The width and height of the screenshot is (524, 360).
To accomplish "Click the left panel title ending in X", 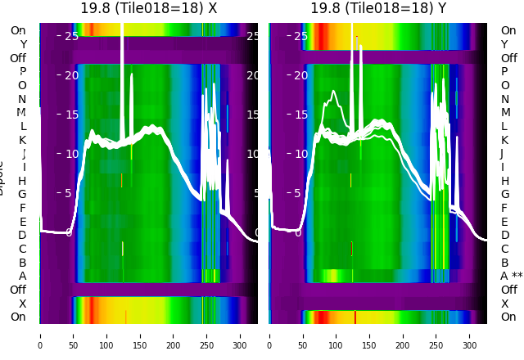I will click(x=148, y=8).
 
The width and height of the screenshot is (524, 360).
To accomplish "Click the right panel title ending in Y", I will click(x=378, y=8).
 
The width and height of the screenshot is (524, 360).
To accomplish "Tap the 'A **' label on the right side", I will click(x=512, y=276).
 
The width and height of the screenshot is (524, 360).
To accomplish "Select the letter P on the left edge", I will click(x=22, y=71).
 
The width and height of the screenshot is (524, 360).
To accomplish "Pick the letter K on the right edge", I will click(x=504, y=140).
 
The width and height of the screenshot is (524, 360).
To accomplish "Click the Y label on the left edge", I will click(x=23, y=44).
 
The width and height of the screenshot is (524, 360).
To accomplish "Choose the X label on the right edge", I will click(x=504, y=303).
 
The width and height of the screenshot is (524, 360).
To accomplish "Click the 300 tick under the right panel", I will click(x=470, y=335).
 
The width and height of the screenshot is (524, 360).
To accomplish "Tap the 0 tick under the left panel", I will click(x=40, y=335).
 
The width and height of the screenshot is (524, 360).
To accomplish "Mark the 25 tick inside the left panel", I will click(x=71, y=36).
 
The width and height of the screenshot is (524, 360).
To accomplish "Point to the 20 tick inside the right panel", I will click(x=301, y=75).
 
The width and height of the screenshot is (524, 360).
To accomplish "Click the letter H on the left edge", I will click(x=22, y=181).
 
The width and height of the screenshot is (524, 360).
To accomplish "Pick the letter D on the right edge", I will click(x=504, y=235).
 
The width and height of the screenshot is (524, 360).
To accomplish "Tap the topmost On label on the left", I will click(x=17, y=30).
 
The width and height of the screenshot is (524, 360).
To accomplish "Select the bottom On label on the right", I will click(x=508, y=317).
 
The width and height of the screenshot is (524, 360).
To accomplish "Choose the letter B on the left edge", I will click(x=22, y=262).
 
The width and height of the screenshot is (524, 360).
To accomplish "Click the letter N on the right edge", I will click(x=504, y=99).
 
